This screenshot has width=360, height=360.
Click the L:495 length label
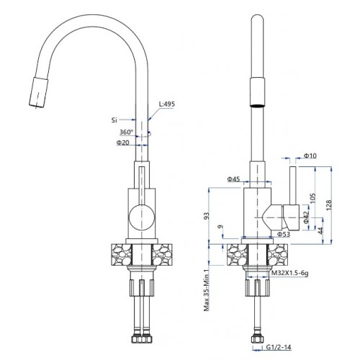(x=167, y=104)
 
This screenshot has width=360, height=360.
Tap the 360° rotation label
(x=126, y=132)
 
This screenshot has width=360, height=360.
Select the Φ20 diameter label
(x=123, y=143)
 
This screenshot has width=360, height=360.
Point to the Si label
(x=114, y=120)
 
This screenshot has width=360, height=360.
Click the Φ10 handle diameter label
(x=310, y=156)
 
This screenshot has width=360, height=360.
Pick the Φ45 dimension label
(x=233, y=179)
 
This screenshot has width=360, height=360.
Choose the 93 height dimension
(x=207, y=216)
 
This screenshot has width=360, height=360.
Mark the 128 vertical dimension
(x=328, y=205)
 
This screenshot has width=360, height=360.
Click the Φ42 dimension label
(x=306, y=217)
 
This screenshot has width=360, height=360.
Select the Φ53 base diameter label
(x=284, y=234)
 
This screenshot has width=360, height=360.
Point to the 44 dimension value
(x=320, y=230)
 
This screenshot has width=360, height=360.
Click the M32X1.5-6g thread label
(x=289, y=273)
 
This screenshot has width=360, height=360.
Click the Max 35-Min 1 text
(x=207, y=290)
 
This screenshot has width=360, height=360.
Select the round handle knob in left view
(x=141, y=217)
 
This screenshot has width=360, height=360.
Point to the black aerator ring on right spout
(x=257, y=105)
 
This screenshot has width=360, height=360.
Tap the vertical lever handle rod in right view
(x=292, y=186)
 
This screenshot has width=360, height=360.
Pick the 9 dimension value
(x=221, y=227)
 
